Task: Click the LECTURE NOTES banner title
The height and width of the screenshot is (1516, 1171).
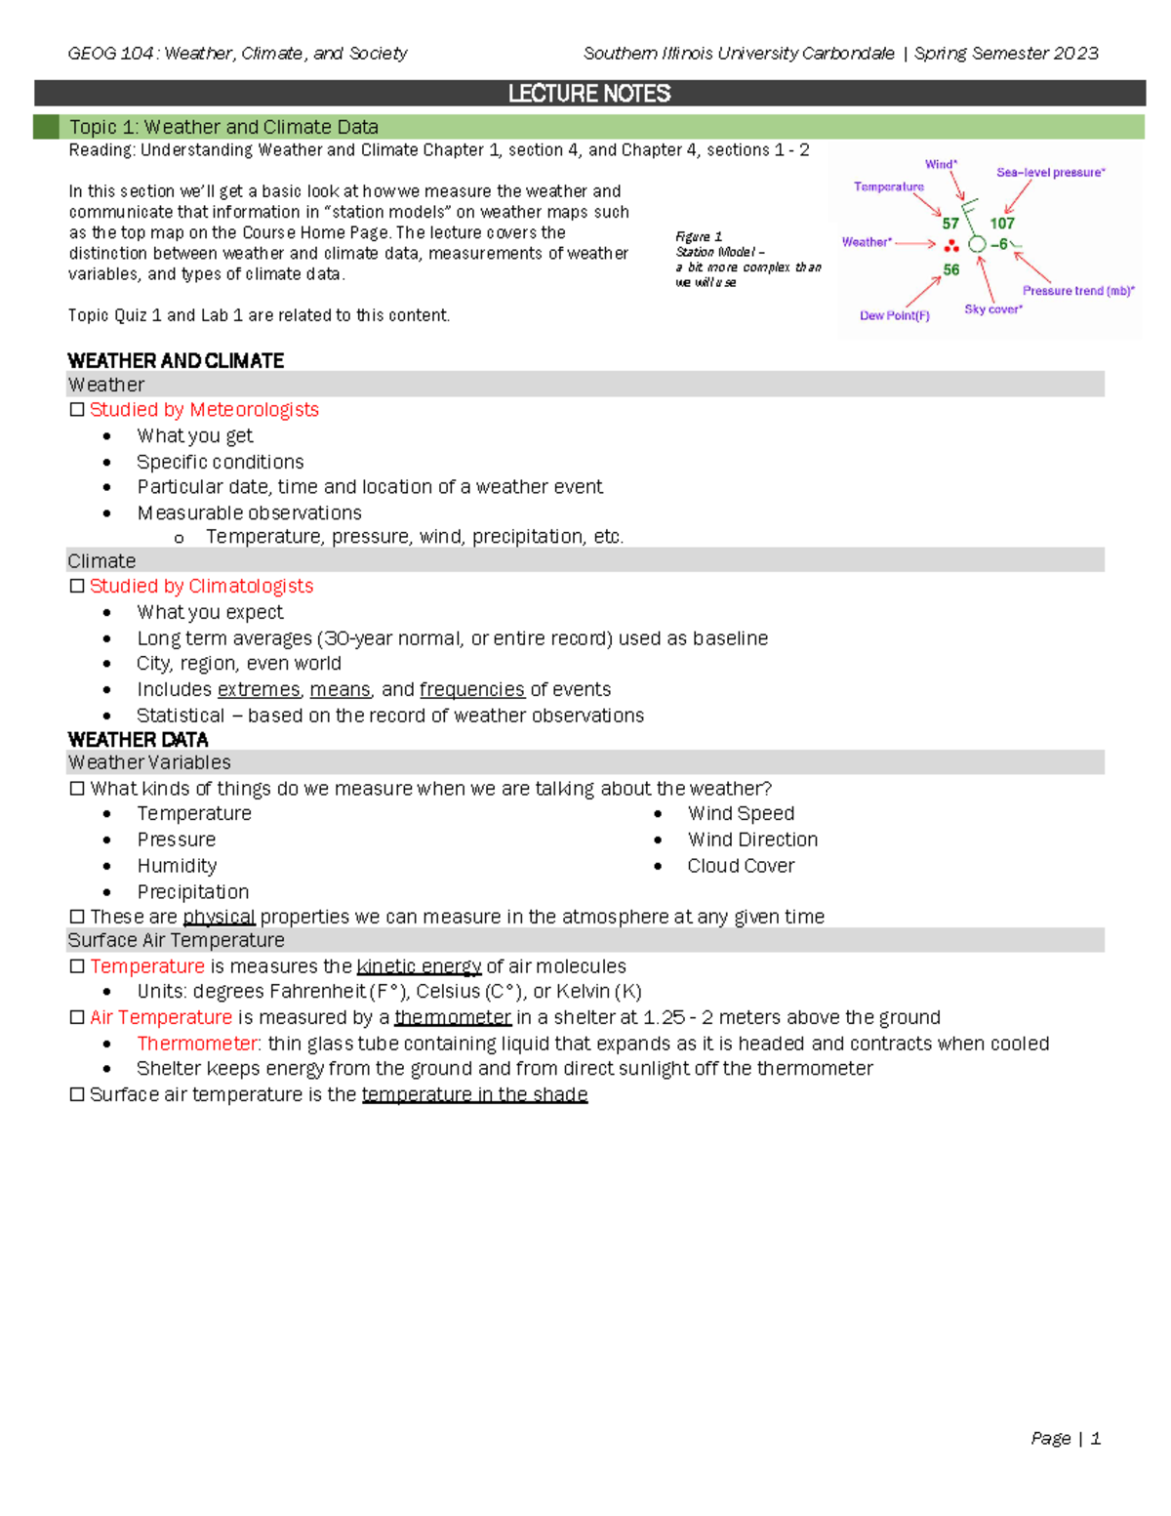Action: point(588,94)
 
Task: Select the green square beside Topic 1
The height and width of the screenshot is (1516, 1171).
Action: point(46,127)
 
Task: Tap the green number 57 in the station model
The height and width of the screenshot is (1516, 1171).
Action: point(949,224)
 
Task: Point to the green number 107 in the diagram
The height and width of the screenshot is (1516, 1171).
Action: point(1002,224)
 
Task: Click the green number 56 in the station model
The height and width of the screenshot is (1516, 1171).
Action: point(950,269)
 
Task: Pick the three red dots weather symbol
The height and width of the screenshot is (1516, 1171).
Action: point(951,246)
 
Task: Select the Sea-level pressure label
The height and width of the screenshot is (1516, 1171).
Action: point(1050,173)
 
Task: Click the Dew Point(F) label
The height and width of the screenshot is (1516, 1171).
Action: point(894,315)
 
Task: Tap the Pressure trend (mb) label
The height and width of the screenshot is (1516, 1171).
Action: point(1078,291)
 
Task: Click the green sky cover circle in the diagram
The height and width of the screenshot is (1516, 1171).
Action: point(977,244)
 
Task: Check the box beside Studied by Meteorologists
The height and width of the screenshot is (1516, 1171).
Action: point(77,410)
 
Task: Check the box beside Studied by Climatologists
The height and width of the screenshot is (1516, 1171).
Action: point(77,587)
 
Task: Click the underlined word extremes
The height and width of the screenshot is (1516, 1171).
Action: point(259,689)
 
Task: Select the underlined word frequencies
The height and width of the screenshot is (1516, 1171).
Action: point(471,689)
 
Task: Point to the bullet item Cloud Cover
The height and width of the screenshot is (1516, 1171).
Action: point(741,866)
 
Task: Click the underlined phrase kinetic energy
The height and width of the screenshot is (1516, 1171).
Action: point(419,966)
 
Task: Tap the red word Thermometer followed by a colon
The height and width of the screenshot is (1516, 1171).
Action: point(198,1044)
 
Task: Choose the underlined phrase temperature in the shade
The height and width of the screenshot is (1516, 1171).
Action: point(474,1094)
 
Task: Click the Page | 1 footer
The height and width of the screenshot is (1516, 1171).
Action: point(1065,1438)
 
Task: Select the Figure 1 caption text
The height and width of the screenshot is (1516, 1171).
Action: point(747,259)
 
